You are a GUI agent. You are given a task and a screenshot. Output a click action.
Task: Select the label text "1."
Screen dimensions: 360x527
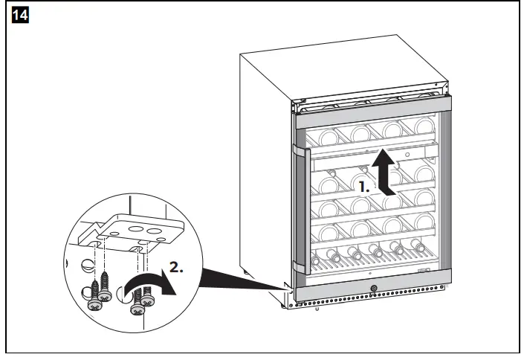[363, 188]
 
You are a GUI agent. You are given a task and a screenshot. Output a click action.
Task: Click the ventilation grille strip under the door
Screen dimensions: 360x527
[372, 303]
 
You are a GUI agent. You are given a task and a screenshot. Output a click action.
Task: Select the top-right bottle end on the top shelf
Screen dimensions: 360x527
[424, 126]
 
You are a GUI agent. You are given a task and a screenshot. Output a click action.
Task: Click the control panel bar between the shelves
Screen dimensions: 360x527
[372, 154]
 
